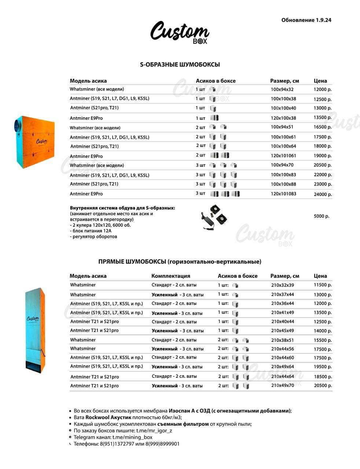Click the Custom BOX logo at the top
180,33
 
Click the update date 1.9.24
323,20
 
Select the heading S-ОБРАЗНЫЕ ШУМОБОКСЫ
180,64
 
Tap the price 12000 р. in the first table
323,89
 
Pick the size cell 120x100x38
283,118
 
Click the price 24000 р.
323,194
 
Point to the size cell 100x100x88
283,184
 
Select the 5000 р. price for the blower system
322,216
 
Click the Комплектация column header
171,276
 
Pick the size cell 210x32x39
282,285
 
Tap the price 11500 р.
323,285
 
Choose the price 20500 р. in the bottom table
323,385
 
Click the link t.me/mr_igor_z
154,431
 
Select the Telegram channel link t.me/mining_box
132,437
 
